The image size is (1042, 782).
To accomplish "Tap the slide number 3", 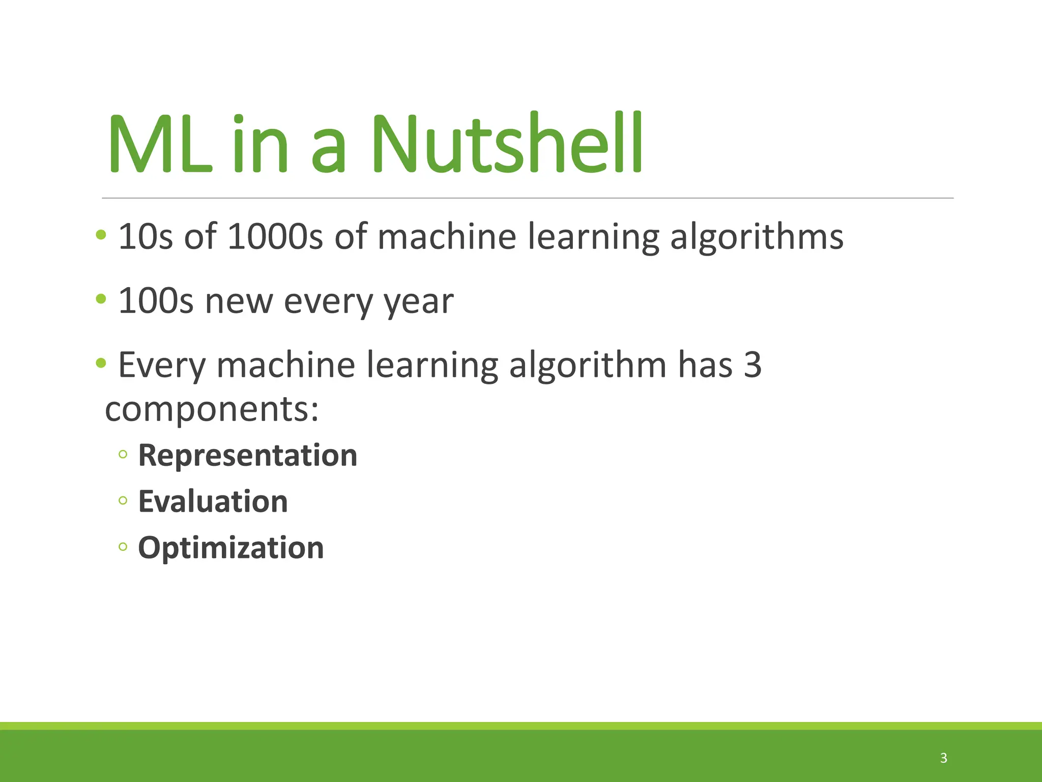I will point(944,758).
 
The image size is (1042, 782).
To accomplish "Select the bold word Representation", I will point(248,455).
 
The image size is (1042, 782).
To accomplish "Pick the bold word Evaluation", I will point(213,501).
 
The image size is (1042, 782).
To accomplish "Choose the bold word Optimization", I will point(231,548).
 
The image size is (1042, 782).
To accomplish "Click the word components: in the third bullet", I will point(212,409).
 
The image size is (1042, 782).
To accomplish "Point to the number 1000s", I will point(275,237).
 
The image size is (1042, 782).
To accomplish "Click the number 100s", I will point(156,301).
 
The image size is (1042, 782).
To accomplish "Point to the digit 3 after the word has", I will point(752,365).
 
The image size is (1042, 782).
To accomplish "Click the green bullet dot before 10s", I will point(101,235).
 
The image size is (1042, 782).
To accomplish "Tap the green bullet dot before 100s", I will point(101,298).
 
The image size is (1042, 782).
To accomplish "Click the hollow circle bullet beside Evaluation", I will point(123,500).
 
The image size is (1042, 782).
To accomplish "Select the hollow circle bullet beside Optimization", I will point(123,547).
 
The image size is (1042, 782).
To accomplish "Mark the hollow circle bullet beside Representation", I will point(123,454).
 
